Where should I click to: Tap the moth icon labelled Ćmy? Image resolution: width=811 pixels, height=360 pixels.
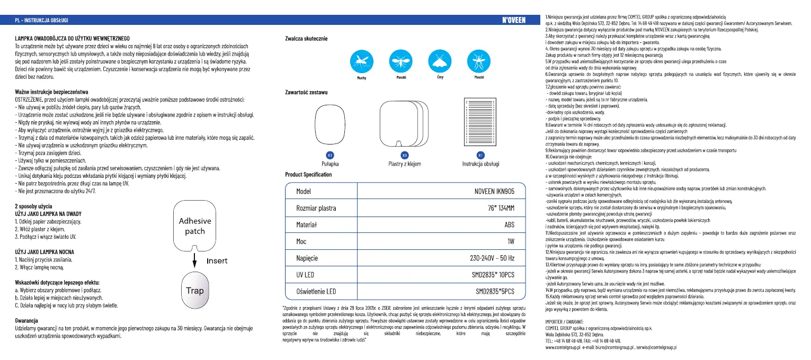click(439, 62)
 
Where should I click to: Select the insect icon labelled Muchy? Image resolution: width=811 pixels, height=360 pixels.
click(362, 62)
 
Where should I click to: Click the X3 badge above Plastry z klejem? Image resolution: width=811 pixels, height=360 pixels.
click(405, 155)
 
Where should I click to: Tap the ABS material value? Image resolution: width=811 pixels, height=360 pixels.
click(510, 224)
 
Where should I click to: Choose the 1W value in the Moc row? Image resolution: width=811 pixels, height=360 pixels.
click(511, 241)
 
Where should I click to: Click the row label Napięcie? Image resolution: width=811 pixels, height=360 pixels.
click(307, 258)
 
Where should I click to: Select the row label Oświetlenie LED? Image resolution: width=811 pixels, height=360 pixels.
click(315, 291)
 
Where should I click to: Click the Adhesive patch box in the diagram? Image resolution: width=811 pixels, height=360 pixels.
click(195, 226)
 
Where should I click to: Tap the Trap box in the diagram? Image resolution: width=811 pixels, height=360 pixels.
click(195, 290)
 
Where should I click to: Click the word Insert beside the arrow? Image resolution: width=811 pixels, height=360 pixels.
click(217, 261)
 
